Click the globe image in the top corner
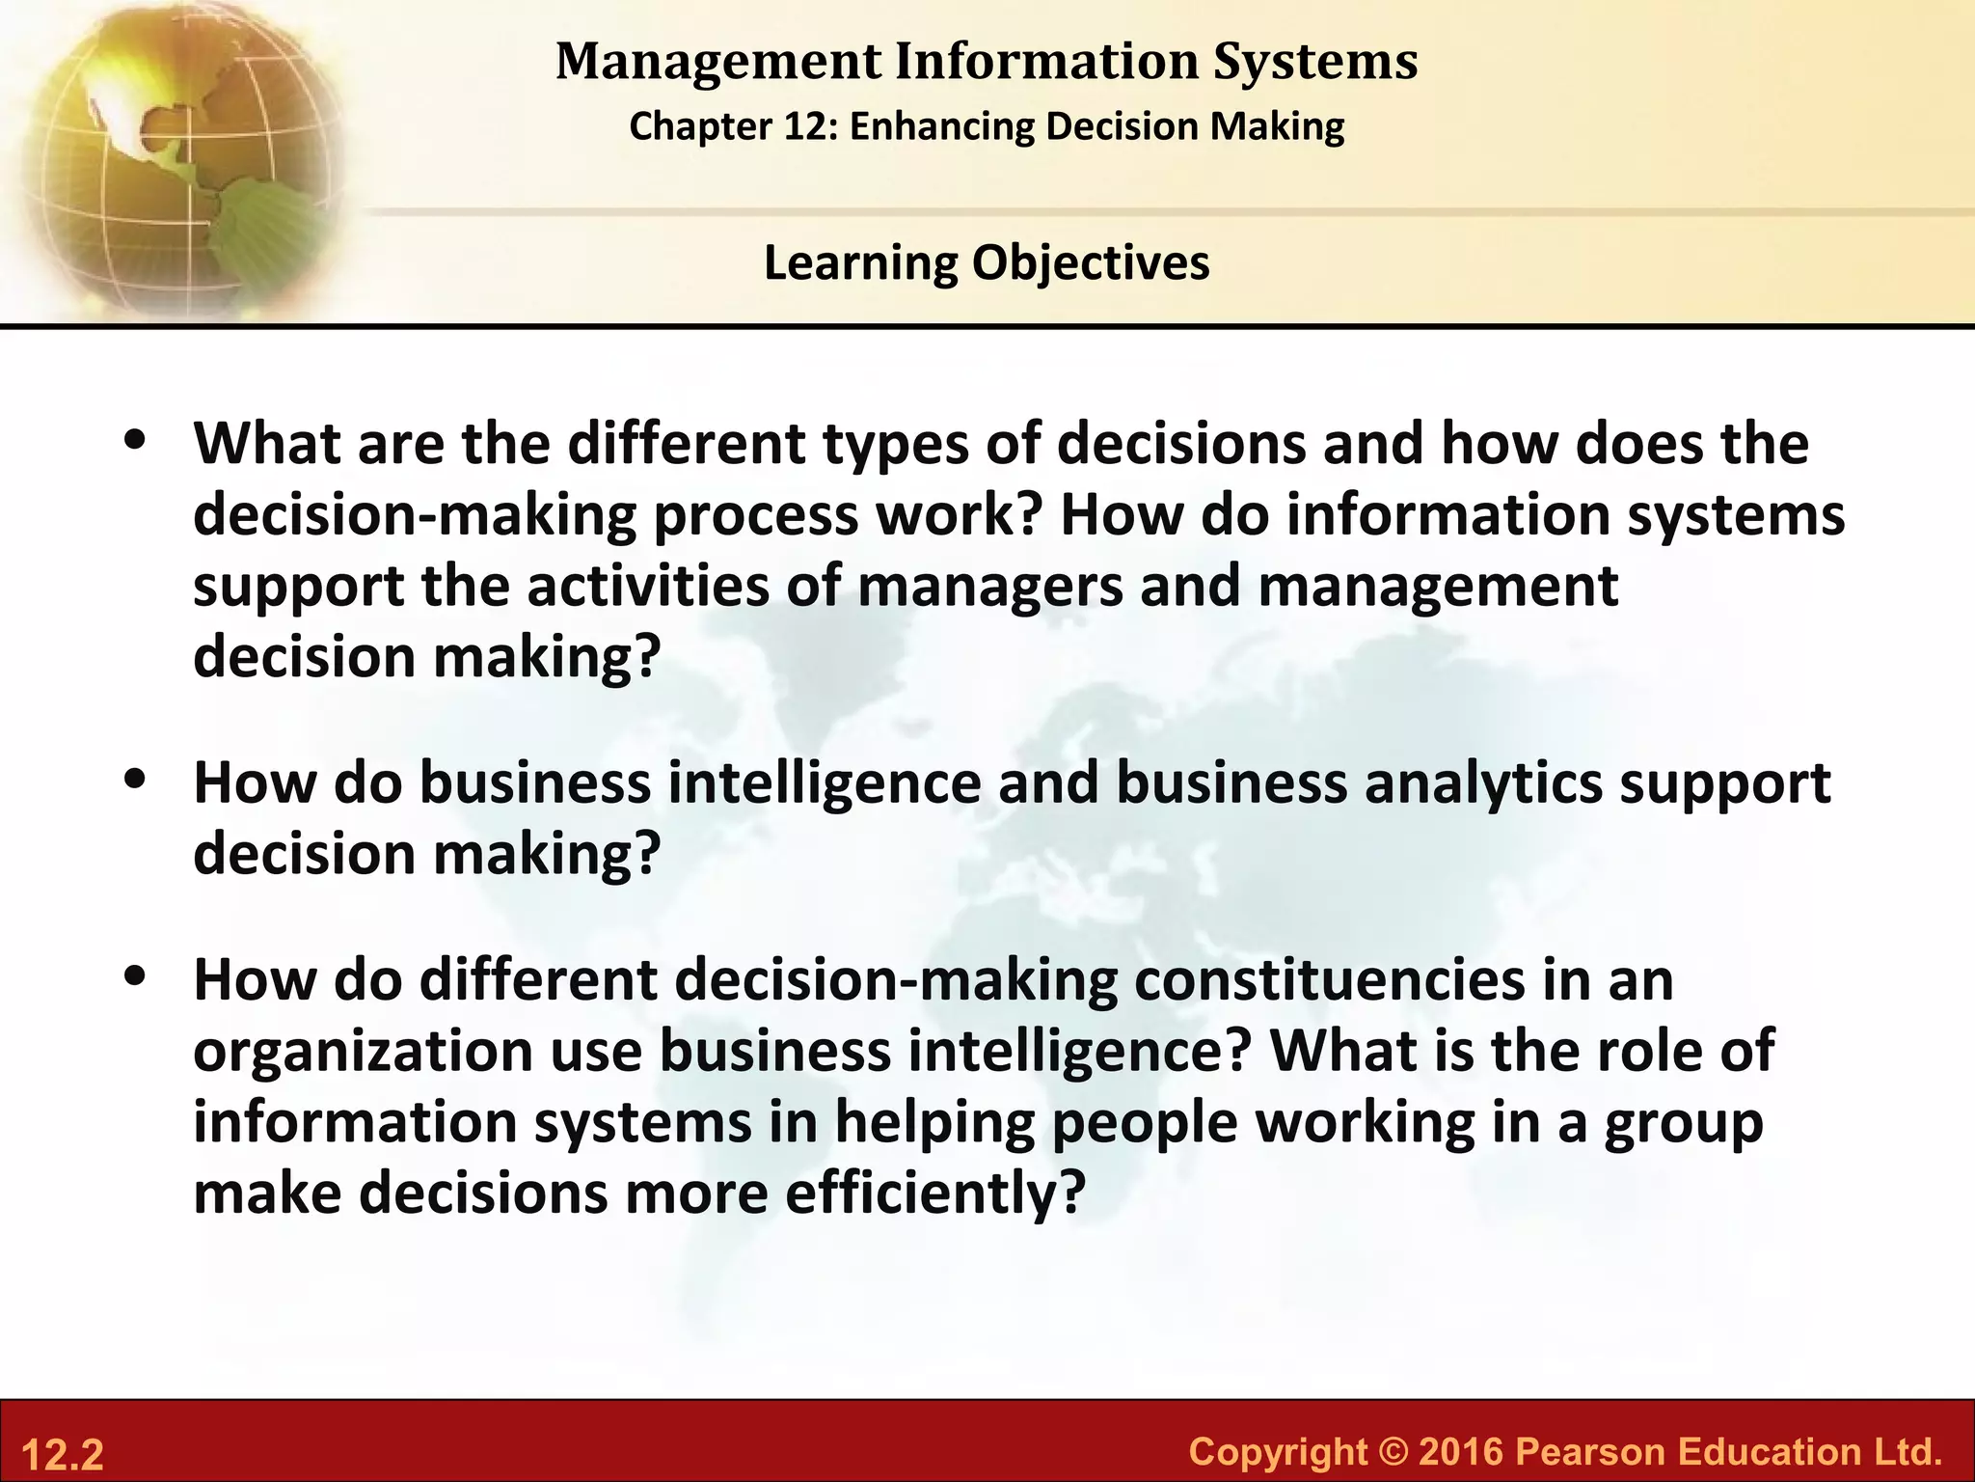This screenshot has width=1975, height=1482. click(174, 154)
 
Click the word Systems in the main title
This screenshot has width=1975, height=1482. click(1315, 62)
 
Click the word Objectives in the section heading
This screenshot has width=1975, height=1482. click(1091, 262)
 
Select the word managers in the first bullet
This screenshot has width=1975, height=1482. click(989, 587)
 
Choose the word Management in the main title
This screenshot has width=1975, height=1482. click(717, 62)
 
